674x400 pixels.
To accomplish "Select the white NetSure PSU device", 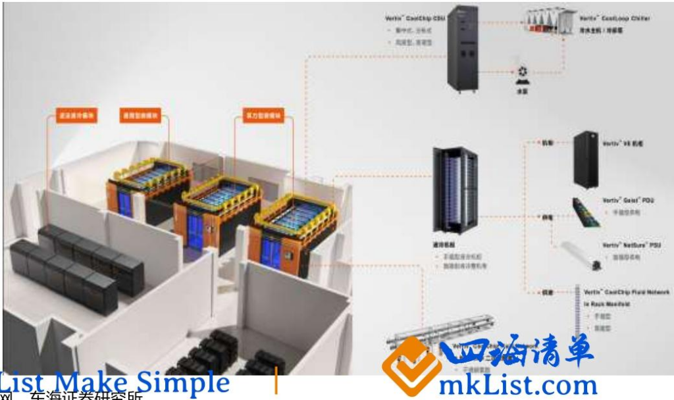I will coord(579,256).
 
